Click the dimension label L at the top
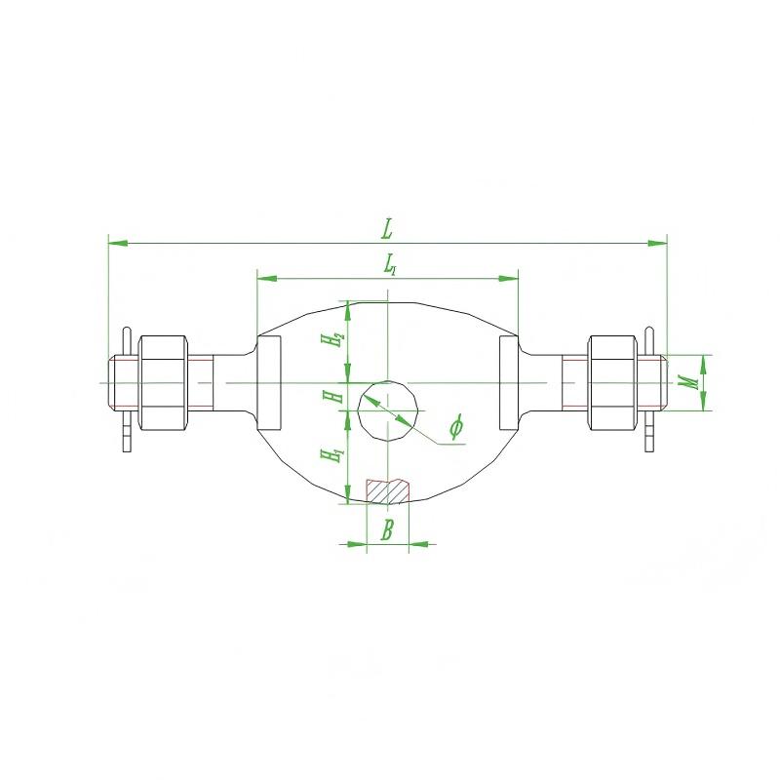tap(387, 229)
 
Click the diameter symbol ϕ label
tap(456, 426)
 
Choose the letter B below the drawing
tap(387, 529)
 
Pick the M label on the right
tap(689, 382)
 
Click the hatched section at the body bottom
tap(387, 491)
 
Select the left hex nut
tap(163, 382)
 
